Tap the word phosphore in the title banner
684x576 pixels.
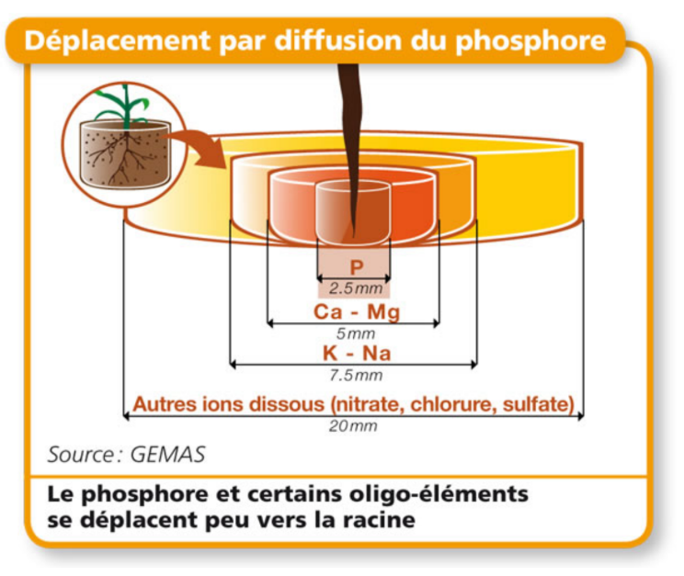(x=533, y=41)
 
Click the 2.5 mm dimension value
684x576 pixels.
(x=356, y=288)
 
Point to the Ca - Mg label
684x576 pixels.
(x=357, y=312)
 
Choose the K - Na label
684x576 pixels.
(x=355, y=354)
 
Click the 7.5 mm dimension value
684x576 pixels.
(x=355, y=375)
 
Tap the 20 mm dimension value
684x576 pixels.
(x=354, y=425)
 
